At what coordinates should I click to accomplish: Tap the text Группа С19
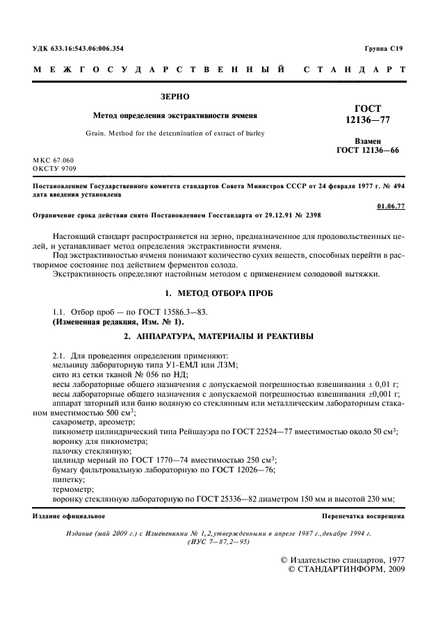click(383, 48)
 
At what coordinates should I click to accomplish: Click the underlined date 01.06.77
click(391, 206)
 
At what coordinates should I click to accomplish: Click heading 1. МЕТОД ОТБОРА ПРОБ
click(218, 293)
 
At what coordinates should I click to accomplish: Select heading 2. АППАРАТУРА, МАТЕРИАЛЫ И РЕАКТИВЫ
click(218, 337)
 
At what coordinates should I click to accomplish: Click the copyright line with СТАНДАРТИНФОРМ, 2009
click(346, 569)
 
